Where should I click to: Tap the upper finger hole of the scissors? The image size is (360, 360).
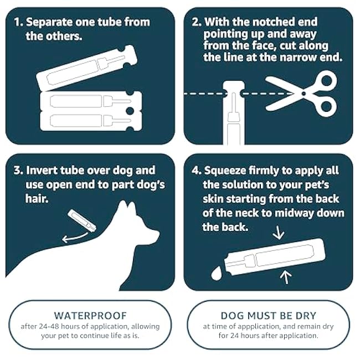327,80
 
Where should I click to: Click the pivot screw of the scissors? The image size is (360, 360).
304,94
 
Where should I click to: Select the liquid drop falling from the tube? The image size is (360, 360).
216,273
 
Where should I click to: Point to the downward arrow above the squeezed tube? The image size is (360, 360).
278,233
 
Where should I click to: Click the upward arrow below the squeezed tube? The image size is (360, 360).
286,277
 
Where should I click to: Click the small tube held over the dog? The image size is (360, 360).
82,220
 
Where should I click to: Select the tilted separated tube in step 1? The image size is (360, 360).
87,68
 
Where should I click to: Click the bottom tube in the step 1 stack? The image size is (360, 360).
91,121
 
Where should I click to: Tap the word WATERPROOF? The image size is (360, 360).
90,316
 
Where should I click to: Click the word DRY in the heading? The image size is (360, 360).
306,316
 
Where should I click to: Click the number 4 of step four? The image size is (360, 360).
195,171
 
